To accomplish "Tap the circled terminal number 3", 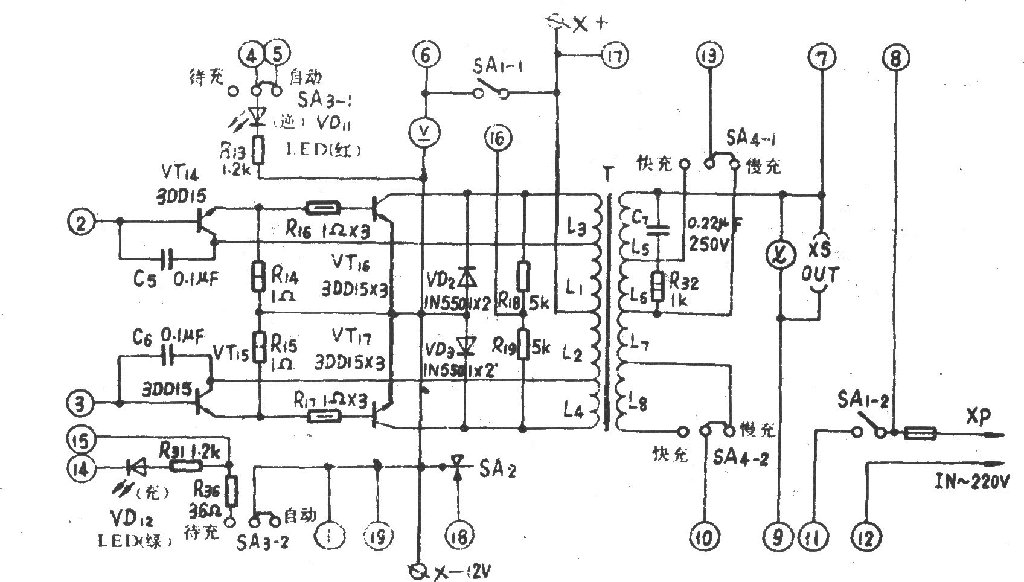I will pos(80,403).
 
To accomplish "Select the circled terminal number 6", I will pos(426,56).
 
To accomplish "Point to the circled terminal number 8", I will pos(895,57).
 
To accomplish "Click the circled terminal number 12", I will pos(866,536).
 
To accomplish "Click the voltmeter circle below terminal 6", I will pos(426,130).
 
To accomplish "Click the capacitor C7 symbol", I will pos(658,230).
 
